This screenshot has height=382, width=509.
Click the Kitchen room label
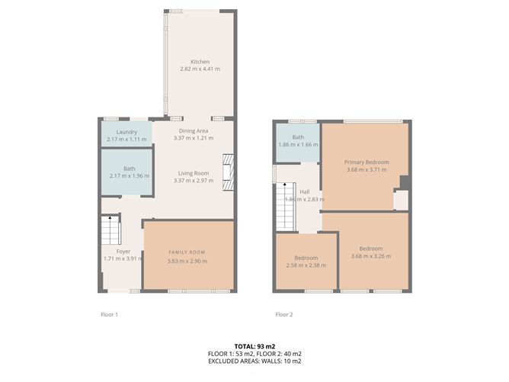pos(200,62)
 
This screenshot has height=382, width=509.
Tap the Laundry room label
pos(126,132)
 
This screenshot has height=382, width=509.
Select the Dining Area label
pos(194,131)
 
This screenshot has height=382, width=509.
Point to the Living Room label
pos(194,173)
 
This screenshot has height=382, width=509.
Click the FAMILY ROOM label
pos(187,252)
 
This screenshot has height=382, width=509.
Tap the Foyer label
pos(123,252)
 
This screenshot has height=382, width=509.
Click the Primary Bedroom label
pos(367,162)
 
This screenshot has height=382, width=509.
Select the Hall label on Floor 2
pos(305,192)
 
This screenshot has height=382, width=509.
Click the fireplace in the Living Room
pos(228,172)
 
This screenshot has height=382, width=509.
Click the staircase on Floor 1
pos(110,230)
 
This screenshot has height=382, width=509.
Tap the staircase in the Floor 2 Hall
pos(286,207)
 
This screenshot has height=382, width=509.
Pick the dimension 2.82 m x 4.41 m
pos(200,69)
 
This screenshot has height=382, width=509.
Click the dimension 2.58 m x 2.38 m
pos(306,265)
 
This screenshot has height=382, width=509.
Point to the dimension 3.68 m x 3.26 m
pos(371,256)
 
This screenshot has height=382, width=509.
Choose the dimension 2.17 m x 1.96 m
pos(130,176)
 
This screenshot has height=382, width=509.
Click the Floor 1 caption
pos(110,314)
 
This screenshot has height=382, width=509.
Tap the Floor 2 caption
pos(284,314)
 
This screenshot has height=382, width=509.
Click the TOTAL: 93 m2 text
pos(254,347)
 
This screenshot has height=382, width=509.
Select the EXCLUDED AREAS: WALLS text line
pos(254,361)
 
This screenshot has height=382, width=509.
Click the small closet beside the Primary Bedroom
pos(402,200)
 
